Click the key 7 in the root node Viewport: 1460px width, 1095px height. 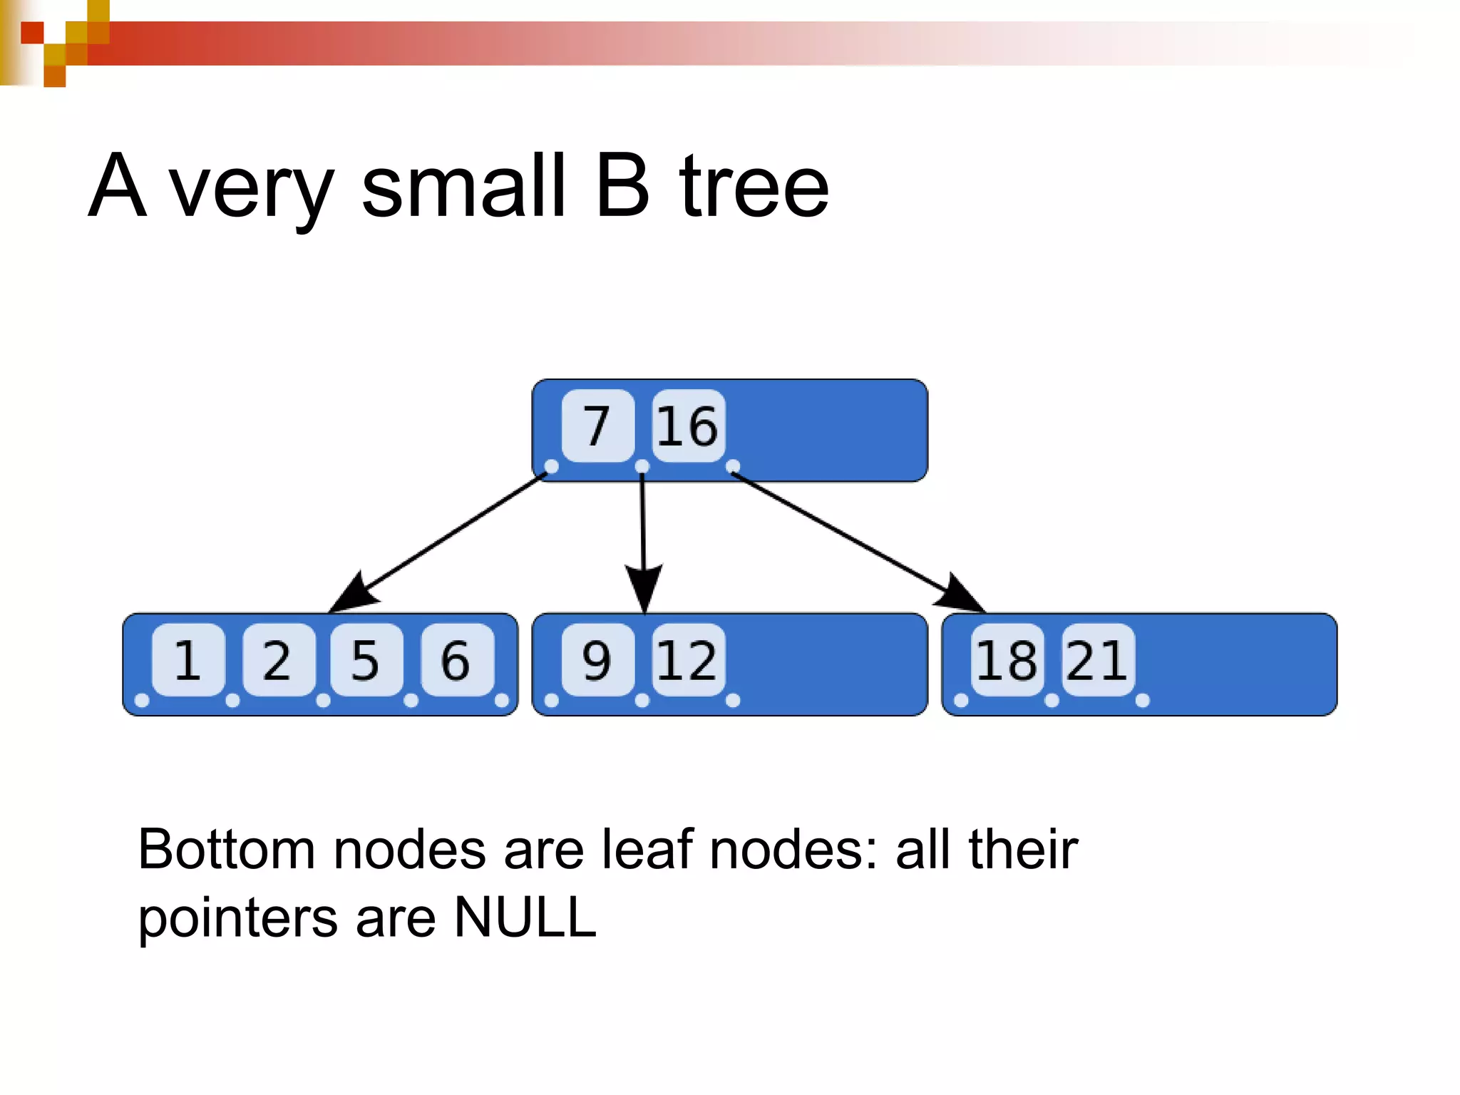(x=597, y=426)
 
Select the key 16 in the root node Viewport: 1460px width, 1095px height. (x=688, y=426)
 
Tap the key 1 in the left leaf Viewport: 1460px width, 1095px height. (x=188, y=659)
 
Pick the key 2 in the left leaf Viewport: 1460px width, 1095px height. (x=278, y=659)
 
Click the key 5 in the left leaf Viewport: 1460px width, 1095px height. (x=366, y=659)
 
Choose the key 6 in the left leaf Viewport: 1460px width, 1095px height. (x=456, y=659)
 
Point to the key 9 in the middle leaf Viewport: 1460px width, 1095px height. (x=597, y=659)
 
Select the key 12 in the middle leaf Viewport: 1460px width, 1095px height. (x=688, y=659)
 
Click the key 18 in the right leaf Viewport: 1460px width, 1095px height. (x=1007, y=659)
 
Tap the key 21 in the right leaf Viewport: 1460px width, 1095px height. (x=1097, y=659)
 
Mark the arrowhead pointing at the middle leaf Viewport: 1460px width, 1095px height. (x=644, y=587)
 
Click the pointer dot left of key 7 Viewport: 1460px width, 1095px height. (x=551, y=467)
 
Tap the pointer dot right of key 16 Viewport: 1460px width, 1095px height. (x=733, y=467)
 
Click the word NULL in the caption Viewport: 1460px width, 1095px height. (x=525, y=917)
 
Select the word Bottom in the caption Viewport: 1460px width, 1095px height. (x=226, y=849)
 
